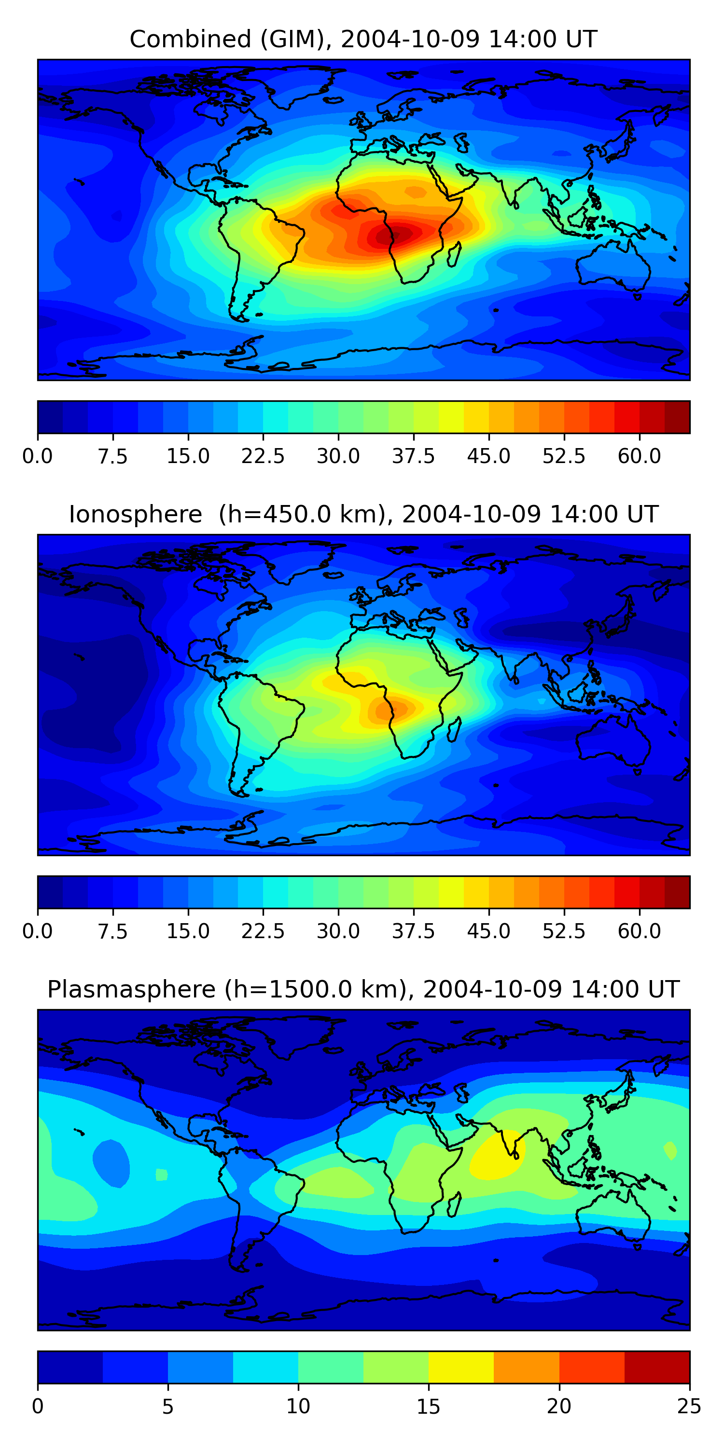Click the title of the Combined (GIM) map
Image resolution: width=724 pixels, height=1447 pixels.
[x=363, y=40]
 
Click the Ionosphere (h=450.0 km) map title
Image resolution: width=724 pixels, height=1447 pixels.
[x=363, y=515]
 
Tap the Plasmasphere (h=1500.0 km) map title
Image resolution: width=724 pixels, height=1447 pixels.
[x=363, y=989]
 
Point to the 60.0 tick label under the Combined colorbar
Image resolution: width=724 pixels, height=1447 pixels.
[x=639, y=456]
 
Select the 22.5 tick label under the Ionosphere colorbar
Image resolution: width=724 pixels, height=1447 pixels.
[x=263, y=931]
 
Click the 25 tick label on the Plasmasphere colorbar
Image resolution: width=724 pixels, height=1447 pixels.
[x=689, y=1406]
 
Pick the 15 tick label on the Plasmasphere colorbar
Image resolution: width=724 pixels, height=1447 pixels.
[x=428, y=1406]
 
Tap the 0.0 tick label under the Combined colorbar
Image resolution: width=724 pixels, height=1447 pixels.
[x=38, y=456]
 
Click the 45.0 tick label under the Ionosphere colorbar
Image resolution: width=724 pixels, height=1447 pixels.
[x=489, y=931]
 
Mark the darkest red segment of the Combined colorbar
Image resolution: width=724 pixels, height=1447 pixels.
[x=677, y=417]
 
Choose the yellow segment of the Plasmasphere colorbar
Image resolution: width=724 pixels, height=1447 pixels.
[x=461, y=1367]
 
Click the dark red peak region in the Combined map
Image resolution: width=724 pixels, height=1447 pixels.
[x=393, y=234]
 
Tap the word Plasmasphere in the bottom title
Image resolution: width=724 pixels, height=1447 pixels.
[x=131, y=989]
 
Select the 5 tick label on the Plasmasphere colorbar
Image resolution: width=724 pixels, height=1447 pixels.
[x=168, y=1406]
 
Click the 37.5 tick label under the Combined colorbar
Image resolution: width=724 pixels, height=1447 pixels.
[x=414, y=456]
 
